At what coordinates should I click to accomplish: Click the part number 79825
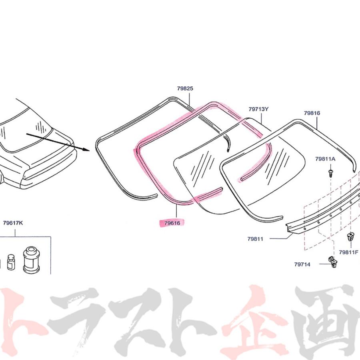click(x=185, y=88)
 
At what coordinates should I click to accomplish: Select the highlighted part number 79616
click(x=172, y=223)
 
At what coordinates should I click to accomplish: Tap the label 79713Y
click(x=258, y=109)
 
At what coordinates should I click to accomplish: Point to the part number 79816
click(x=312, y=113)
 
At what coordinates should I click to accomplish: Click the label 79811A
click(x=325, y=159)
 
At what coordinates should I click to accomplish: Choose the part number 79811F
click(x=348, y=252)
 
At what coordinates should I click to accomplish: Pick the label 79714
click(x=302, y=264)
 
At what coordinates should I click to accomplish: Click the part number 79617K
click(x=13, y=223)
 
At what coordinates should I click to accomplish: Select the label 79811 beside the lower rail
click(x=255, y=239)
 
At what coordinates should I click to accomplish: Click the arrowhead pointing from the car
click(x=86, y=150)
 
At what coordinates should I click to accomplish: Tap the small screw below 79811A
click(x=330, y=173)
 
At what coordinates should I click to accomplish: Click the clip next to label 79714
click(x=332, y=262)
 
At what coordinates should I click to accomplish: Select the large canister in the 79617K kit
click(x=31, y=260)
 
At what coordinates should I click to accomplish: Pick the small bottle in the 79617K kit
click(x=10, y=262)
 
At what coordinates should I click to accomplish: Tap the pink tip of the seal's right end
click(x=241, y=178)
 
